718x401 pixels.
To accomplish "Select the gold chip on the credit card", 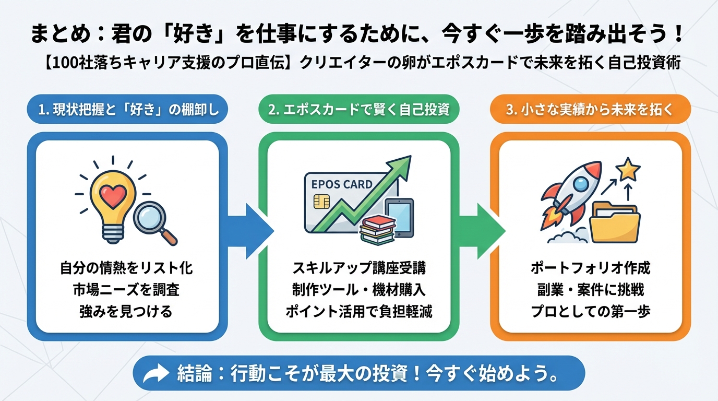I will [319, 202].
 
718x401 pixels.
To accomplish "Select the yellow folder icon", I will [614, 225].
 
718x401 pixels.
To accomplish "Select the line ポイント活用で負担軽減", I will [358, 311].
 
